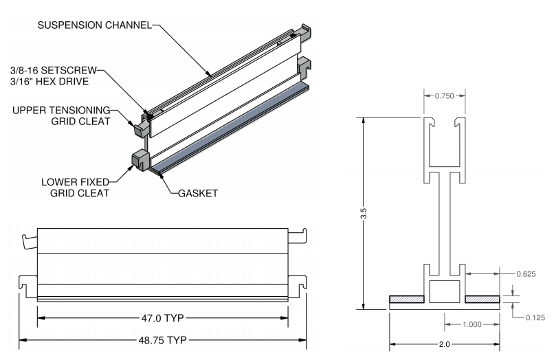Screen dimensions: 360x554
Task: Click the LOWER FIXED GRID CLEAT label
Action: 74,188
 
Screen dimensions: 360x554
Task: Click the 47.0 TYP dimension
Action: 162,318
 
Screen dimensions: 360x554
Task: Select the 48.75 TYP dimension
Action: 162,340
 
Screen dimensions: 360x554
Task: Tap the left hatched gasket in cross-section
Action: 407,300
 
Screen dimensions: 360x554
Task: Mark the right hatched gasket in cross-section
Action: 482,300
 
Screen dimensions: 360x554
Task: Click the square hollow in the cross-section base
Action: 444,291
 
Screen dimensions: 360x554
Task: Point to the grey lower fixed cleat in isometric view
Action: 140,161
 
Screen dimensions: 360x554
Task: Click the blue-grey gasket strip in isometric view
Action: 234,128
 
